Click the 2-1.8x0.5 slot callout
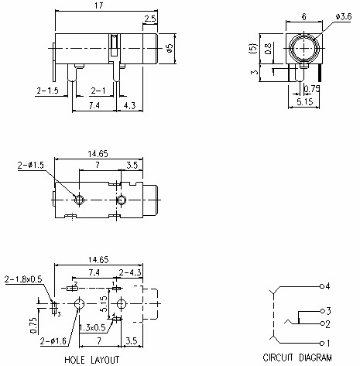[x=24, y=279]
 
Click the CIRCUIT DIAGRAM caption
[x=297, y=358]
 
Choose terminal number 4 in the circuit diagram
[x=327, y=286]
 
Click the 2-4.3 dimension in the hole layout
[x=129, y=272]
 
